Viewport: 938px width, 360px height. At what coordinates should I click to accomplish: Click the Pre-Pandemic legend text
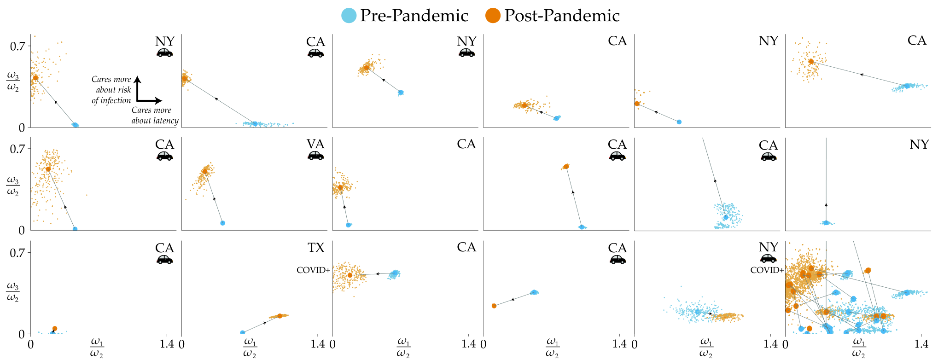[414, 16]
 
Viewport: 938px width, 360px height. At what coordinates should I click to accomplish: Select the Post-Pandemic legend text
[562, 16]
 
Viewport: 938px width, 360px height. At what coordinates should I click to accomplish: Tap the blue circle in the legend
[349, 16]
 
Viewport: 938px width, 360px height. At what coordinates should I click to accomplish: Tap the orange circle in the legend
[493, 16]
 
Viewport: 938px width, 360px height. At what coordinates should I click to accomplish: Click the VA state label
[315, 144]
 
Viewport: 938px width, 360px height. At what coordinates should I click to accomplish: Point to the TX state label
[316, 248]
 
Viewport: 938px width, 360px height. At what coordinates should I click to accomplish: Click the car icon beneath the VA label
[316, 156]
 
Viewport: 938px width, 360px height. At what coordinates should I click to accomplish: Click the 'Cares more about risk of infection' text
[111, 90]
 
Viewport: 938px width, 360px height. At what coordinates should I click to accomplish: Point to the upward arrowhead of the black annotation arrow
[137, 79]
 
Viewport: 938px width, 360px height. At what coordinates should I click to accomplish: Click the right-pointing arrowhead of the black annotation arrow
[159, 100]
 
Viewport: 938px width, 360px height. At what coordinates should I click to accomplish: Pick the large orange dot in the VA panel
[205, 171]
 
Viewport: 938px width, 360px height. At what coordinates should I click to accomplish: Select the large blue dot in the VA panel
[223, 223]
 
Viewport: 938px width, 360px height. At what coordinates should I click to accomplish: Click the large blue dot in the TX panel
[243, 332]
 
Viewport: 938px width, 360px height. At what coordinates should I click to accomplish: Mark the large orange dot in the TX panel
[280, 316]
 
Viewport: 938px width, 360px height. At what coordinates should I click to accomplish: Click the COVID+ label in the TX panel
[313, 270]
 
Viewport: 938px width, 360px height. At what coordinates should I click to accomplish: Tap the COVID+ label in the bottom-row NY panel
[767, 270]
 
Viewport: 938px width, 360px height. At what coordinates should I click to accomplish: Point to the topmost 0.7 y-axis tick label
[17, 46]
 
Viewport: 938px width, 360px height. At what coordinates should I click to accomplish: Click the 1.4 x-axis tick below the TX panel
[318, 343]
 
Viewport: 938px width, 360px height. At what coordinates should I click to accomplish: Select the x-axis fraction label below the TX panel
[250, 348]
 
